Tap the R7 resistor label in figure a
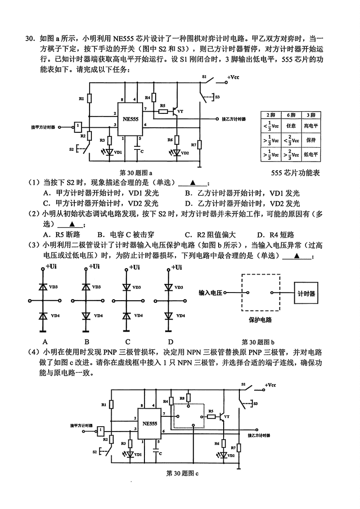(193, 145)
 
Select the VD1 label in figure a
(118, 153)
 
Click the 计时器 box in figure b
(306, 293)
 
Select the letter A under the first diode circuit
(45, 341)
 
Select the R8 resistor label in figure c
(182, 398)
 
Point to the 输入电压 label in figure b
(211, 293)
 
